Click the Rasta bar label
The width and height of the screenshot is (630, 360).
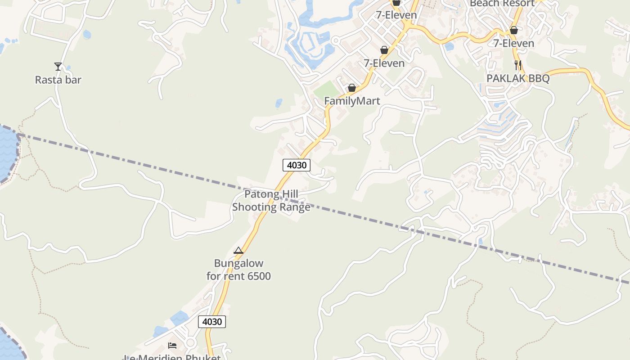(x=58, y=80)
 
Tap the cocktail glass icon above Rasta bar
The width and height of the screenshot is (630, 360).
(x=58, y=67)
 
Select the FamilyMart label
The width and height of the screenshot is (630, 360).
(x=352, y=101)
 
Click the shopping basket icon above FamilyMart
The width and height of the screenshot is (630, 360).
(x=352, y=88)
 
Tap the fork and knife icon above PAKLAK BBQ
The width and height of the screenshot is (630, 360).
(x=518, y=65)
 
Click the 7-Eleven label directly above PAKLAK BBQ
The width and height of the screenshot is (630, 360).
(x=513, y=44)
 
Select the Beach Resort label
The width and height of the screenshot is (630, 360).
(x=502, y=4)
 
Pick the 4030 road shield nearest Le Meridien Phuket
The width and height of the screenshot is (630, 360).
(x=212, y=322)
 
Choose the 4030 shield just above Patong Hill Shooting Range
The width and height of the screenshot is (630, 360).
(x=297, y=165)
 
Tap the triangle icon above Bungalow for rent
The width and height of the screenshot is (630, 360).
(x=238, y=251)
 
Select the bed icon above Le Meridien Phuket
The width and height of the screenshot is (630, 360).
(x=172, y=346)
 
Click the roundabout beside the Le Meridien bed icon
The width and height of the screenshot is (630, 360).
(x=190, y=343)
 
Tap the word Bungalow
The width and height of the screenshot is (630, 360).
(x=238, y=263)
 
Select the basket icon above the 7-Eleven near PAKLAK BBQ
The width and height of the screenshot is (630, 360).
(x=513, y=31)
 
